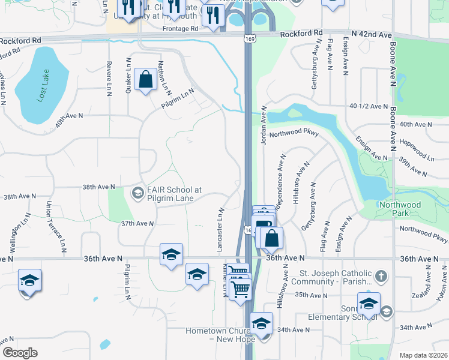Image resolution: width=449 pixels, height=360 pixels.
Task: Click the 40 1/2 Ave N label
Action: pyautogui.click(x=369, y=106)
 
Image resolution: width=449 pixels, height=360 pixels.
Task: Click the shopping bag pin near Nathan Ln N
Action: pyautogui.click(x=145, y=79)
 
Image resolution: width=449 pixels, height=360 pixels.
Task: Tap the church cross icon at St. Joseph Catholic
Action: pyautogui.click(x=381, y=277)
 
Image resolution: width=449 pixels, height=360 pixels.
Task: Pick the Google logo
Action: pyautogui.click(x=20, y=353)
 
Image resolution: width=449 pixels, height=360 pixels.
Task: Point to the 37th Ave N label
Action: pyautogui.click(x=137, y=223)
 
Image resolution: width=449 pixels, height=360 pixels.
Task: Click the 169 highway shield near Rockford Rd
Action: pyautogui.click(x=248, y=38)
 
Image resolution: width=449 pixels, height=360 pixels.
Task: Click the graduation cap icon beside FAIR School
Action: pyautogui.click(x=137, y=193)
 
